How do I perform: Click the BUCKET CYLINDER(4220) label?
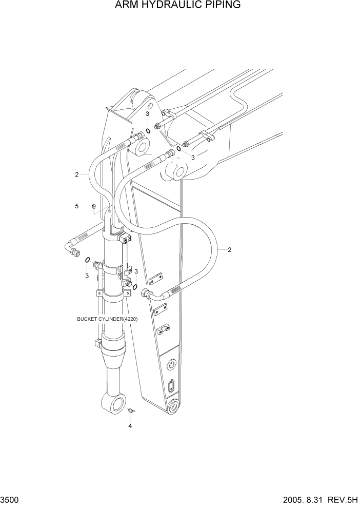[x=107, y=319]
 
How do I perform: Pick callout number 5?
[x=77, y=206]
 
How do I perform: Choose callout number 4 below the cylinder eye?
[x=130, y=426]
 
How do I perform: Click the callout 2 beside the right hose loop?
[x=229, y=250]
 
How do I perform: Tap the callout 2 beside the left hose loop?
[x=76, y=174]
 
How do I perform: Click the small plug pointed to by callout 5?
[x=93, y=206]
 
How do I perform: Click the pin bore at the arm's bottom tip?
[x=175, y=408]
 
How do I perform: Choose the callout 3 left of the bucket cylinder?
[x=87, y=276]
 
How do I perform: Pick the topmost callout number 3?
[x=147, y=114]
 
